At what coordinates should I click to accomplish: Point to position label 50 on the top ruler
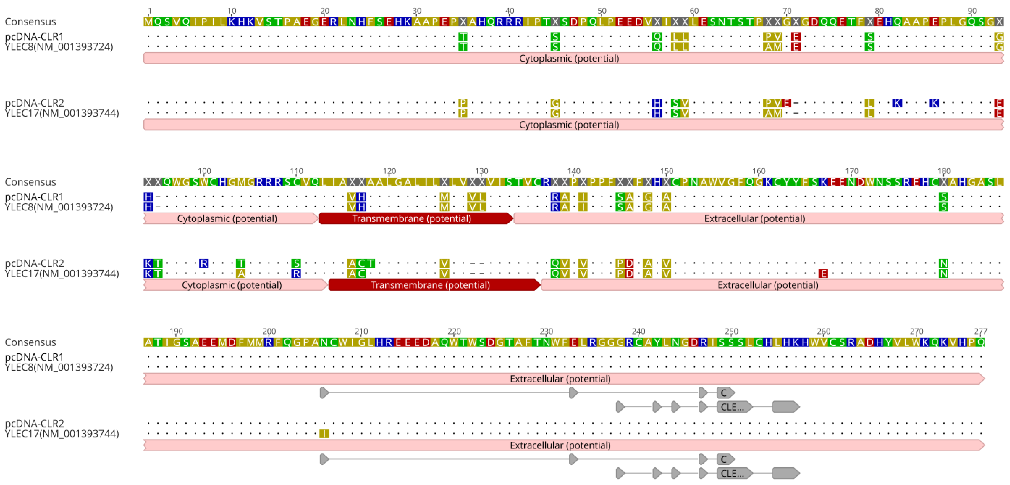pyautogui.click(x=602, y=11)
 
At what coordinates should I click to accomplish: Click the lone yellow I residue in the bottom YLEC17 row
pyautogui.click(x=324, y=434)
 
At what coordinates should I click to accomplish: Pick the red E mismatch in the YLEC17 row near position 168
pyautogui.click(x=823, y=273)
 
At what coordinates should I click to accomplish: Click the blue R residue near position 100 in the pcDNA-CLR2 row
pyautogui.click(x=203, y=263)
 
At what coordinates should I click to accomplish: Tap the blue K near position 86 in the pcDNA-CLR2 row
pyautogui.click(x=934, y=103)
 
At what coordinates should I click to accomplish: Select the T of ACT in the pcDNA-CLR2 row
pyautogui.click(x=371, y=263)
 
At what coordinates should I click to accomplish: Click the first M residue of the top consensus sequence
pyautogui.click(x=148, y=21)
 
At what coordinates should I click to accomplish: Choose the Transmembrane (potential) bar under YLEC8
pyautogui.click(x=415, y=219)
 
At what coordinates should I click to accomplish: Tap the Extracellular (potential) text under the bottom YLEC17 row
pyautogui.click(x=560, y=445)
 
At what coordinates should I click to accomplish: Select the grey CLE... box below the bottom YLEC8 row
pyautogui.click(x=733, y=407)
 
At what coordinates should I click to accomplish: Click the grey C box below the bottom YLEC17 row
pyautogui.click(x=724, y=459)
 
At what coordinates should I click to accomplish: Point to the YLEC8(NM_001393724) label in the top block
pyautogui.click(x=59, y=47)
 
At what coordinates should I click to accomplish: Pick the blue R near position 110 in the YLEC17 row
pyautogui.click(x=296, y=273)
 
